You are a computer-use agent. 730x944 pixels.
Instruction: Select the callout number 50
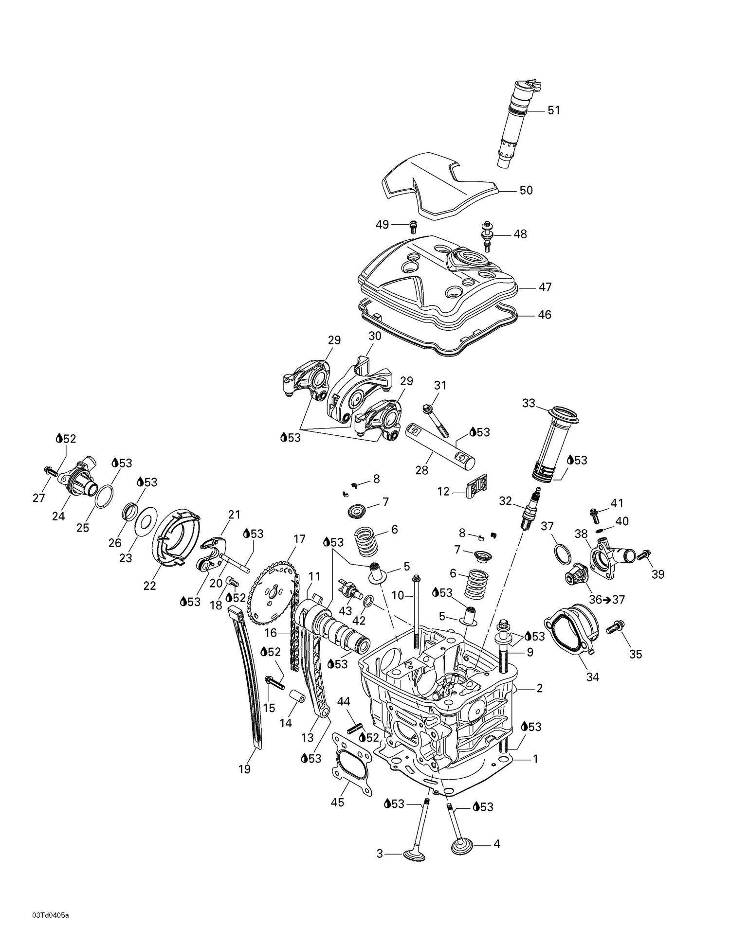pyautogui.click(x=526, y=190)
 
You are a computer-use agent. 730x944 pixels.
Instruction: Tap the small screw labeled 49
pyautogui.click(x=414, y=226)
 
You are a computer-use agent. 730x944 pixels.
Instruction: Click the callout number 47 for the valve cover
pyautogui.click(x=545, y=287)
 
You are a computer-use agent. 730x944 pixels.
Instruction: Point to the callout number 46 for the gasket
pyautogui.click(x=544, y=315)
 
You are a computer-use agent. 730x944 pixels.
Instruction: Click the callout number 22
pyautogui.click(x=149, y=586)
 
